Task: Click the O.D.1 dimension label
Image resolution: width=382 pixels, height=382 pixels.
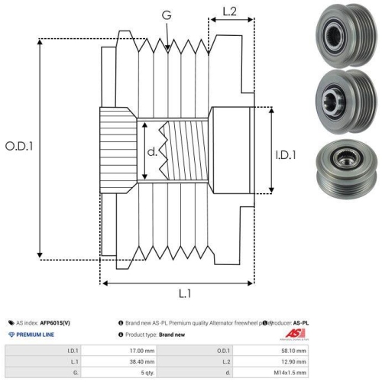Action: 21,146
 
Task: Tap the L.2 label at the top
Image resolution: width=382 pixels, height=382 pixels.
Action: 228,11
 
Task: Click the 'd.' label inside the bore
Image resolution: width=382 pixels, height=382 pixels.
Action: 152,152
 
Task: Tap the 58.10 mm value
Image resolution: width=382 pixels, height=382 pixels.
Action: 294,351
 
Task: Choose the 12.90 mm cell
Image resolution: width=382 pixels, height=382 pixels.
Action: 294,361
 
